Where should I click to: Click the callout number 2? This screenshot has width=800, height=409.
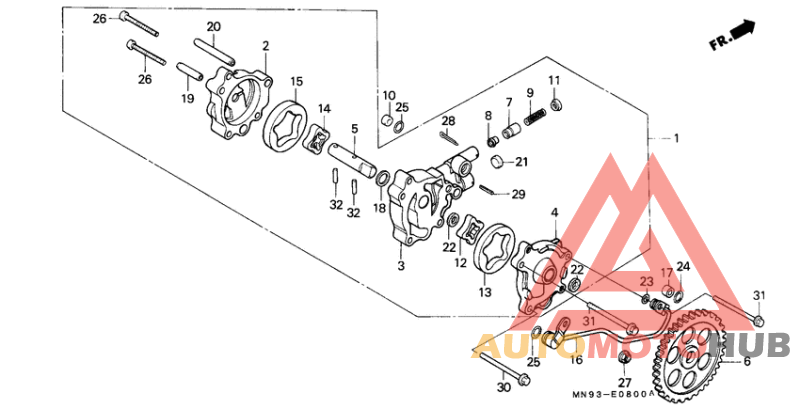click(x=266, y=45)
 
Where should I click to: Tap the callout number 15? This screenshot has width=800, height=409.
click(x=297, y=81)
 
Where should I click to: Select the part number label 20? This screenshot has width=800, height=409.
click(x=213, y=26)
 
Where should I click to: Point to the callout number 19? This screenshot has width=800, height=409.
click(x=187, y=99)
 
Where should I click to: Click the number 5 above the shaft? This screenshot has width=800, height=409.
click(x=354, y=128)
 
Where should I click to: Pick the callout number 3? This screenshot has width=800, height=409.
click(x=400, y=267)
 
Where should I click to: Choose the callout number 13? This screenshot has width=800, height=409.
click(x=485, y=292)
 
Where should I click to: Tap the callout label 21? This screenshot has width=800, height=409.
click(x=521, y=162)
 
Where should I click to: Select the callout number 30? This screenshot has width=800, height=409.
click(x=500, y=387)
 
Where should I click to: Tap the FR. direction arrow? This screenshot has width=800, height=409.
click(x=741, y=33)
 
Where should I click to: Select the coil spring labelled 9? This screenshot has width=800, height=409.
click(x=533, y=120)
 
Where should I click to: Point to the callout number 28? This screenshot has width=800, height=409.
click(x=449, y=121)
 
